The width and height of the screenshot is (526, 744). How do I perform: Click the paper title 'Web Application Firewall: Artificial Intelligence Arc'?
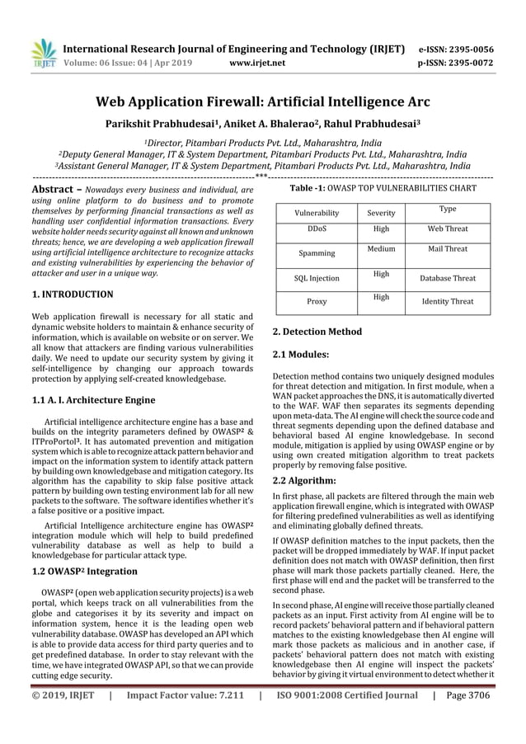tap(262, 103)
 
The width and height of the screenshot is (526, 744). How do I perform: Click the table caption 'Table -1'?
tap(310, 189)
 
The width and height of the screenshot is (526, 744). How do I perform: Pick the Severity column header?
tap(380, 213)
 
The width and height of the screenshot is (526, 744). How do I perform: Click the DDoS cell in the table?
tap(316, 228)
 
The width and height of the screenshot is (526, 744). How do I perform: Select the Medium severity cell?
tap(380, 248)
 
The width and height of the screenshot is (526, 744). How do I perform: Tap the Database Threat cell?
tap(448, 279)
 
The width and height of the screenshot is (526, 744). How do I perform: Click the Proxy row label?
tap(316, 302)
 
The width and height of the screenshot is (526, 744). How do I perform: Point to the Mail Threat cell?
tap(448, 248)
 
